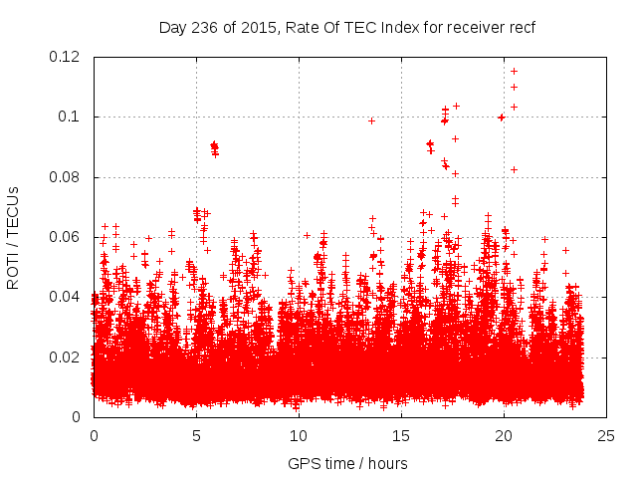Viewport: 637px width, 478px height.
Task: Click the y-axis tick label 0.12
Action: click(x=68, y=57)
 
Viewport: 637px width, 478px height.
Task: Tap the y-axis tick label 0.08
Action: click(x=68, y=177)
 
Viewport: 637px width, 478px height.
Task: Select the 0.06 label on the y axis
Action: click(x=68, y=237)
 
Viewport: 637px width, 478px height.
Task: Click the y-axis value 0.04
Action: click(x=68, y=297)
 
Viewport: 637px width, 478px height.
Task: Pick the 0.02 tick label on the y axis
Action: click(x=68, y=358)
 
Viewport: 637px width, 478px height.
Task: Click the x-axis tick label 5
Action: click(x=196, y=435)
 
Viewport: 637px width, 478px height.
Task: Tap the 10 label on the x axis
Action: click(x=299, y=435)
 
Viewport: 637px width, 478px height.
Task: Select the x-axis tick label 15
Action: click(x=401, y=435)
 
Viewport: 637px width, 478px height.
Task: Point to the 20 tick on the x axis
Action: click(x=504, y=435)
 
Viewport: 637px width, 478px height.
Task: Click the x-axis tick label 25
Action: click(x=606, y=435)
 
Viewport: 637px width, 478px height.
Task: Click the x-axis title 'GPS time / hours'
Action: click(x=347, y=463)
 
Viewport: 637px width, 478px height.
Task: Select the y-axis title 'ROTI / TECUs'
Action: click(x=13, y=237)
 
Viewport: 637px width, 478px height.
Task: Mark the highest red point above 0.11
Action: click(x=514, y=71)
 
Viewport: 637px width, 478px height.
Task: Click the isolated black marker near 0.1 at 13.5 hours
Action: click(x=371, y=120)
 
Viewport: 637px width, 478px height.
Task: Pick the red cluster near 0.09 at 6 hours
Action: click(x=214, y=148)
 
